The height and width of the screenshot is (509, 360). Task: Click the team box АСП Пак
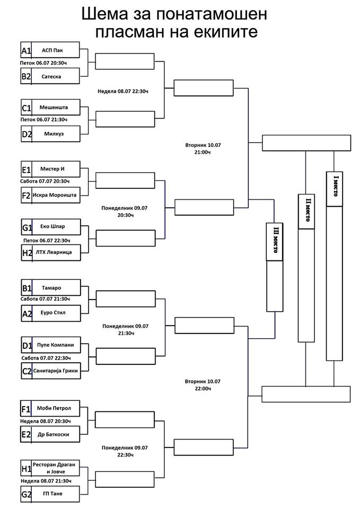tap(50, 50)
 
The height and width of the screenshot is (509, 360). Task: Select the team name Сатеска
tap(51, 76)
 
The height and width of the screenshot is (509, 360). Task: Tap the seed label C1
tap(27, 108)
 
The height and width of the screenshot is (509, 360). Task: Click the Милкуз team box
tap(51, 134)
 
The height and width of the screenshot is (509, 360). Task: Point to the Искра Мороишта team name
tap(55, 195)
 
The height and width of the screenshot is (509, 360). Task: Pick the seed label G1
tap(27, 227)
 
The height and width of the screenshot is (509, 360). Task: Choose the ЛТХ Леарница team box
tap(51, 252)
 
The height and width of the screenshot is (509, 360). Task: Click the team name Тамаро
tap(51, 288)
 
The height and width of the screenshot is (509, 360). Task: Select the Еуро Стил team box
tap(51, 313)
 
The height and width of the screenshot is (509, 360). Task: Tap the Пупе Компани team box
tap(51, 345)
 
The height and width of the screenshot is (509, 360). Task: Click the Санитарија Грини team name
tap(56, 371)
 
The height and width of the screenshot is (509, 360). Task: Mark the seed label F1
tap(25, 409)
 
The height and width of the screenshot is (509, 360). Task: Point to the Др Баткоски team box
tap(50, 434)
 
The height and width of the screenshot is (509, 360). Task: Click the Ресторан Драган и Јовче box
tap(50, 468)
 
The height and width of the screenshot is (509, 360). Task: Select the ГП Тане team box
tap(50, 494)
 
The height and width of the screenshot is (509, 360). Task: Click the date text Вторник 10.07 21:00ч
tap(203, 148)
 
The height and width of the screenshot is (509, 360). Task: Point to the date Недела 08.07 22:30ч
tap(123, 92)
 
